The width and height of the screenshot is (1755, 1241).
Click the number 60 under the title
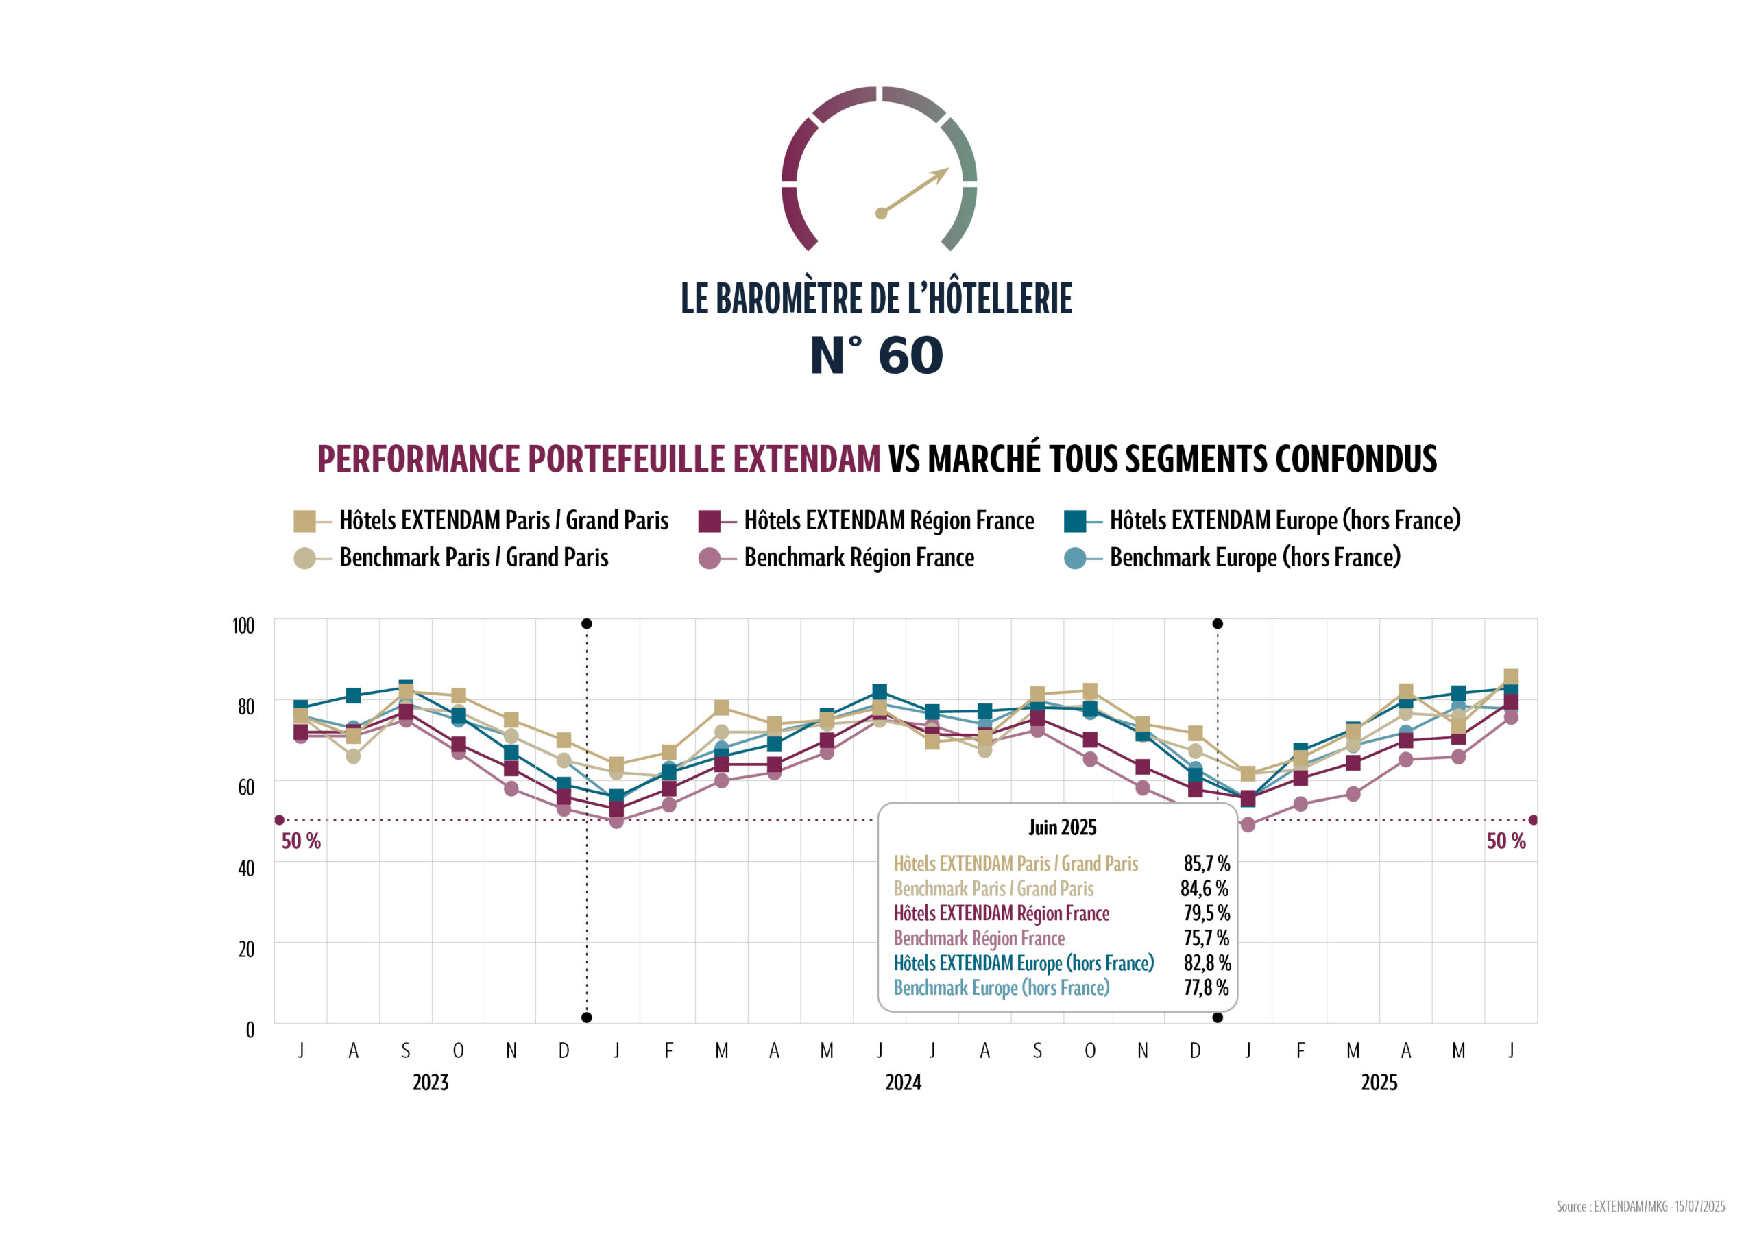pyautogui.click(x=910, y=356)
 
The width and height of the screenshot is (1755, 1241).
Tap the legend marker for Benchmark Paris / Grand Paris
pyautogui.click(x=304, y=558)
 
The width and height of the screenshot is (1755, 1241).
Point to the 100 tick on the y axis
pyautogui.click(x=243, y=625)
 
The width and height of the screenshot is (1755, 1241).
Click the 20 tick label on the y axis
pyautogui.click(x=246, y=949)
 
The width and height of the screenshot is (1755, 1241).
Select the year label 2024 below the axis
pyautogui.click(x=903, y=1082)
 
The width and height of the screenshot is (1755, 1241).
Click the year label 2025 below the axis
pyautogui.click(x=1378, y=1082)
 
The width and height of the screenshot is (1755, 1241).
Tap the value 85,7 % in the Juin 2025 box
pyautogui.click(x=1206, y=863)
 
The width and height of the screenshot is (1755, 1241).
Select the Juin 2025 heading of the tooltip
pyautogui.click(x=1062, y=828)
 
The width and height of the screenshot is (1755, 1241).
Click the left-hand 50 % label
pyautogui.click(x=301, y=841)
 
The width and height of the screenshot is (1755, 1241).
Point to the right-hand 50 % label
pyautogui.click(x=1505, y=841)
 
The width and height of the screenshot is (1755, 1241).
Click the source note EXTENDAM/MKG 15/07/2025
pyautogui.click(x=1641, y=1206)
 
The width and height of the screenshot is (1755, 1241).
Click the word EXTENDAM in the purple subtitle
pyautogui.click(x=806, y=459)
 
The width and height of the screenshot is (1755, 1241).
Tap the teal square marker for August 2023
pyautogui.click(x=353, y=695)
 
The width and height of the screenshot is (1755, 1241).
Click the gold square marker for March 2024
pyautogui.click(x=721, y=708)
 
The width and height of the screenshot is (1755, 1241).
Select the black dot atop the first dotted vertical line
pyautogui.click(x=586, y=624)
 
